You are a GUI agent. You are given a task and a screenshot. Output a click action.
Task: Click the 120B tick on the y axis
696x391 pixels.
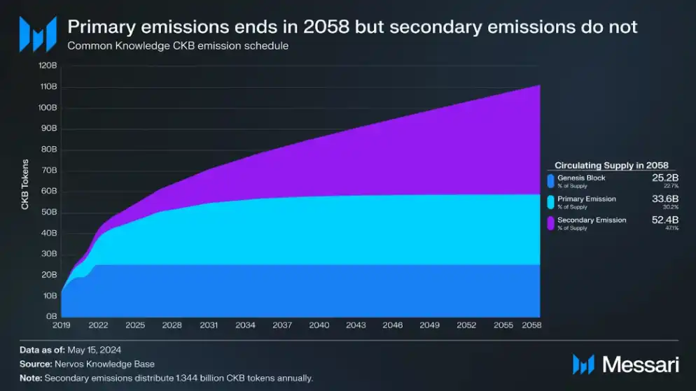click(48, 66)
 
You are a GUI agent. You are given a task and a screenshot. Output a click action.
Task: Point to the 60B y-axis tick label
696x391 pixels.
click(49, 192)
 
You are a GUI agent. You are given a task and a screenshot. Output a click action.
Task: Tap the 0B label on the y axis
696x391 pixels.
click(51, 317)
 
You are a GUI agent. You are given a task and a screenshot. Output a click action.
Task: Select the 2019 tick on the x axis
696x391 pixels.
click(62, 326)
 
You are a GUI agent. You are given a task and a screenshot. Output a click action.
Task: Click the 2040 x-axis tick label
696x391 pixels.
click(319, 326)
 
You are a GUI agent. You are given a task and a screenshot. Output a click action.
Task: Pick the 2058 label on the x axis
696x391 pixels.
click(531, 326)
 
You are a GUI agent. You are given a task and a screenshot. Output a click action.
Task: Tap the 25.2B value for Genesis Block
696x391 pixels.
click(662, 178)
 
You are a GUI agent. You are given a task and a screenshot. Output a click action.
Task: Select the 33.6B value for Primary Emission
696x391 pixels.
click(662, 199)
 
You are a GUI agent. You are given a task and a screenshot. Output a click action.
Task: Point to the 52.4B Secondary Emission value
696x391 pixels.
click(662, 220)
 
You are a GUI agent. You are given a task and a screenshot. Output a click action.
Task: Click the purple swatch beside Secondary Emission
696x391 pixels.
click(551, 223)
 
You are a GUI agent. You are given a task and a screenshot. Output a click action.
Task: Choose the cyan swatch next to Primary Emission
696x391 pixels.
click(551, 202)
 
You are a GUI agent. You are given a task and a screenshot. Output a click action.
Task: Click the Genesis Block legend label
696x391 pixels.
click(581, 178)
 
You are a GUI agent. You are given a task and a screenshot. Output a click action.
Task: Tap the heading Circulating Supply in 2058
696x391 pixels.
click(611, 166)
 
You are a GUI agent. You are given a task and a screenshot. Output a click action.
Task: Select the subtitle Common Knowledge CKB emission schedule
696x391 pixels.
click(178, 46)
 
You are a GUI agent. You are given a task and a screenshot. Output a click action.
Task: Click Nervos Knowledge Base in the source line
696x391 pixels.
click(104, 364)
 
